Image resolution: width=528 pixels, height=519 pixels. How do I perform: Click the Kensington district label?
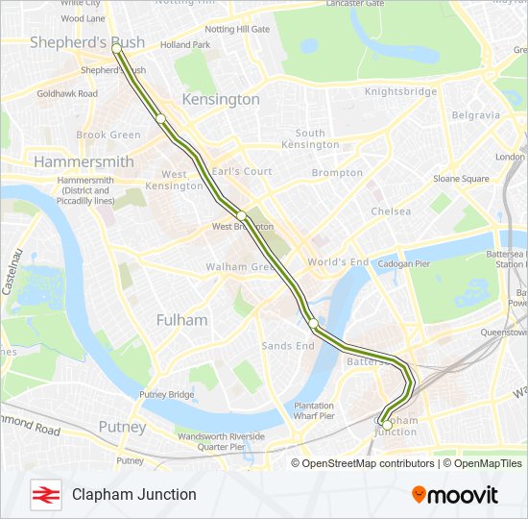(221, 99)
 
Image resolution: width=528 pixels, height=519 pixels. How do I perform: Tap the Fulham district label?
(181, 319)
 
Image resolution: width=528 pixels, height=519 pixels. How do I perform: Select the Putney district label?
(123, 427)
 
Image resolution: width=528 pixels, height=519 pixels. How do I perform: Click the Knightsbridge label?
(401, 92)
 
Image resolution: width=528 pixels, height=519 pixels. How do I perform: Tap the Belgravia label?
(475, 115)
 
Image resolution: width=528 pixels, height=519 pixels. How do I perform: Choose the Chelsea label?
(391, 211)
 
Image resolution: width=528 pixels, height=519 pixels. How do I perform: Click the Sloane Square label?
(461, 179)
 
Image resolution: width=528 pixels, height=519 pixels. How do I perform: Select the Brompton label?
(337, 173)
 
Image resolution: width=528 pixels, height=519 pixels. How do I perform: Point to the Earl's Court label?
(242, 171)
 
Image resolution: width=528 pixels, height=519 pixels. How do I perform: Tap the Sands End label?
(288, 345)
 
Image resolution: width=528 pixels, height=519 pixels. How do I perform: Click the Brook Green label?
(108, 136)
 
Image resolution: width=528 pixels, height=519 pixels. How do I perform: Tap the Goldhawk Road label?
(67, 93)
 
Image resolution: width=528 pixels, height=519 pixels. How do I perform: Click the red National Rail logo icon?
(45, 494)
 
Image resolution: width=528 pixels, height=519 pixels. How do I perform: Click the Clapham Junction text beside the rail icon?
(133, 494)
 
